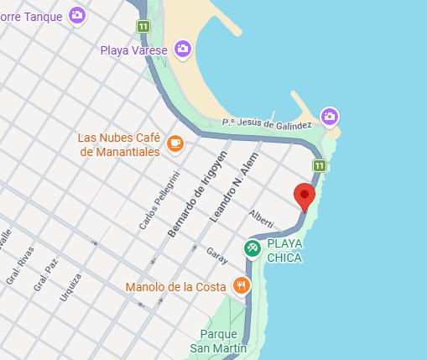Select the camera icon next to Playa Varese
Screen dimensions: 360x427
[x=182, y=50]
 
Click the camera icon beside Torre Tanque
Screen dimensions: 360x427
[x=77, y=14]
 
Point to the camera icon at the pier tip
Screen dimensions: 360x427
[x=330, y=116]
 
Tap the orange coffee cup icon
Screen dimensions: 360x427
[x=174, y=143]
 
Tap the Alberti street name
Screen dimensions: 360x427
[x=261, y=219]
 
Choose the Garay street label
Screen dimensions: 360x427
[x=216, y=255]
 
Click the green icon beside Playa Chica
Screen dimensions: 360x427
[x=252, y=248]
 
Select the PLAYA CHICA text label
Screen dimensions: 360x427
[x=284, y=250]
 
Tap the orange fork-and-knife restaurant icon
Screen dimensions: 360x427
[x=242, y=285]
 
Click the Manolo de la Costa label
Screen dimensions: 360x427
[x=176, y=287]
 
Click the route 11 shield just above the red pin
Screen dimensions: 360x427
[x=319, y=164]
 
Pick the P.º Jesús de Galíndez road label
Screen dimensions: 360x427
[x=267, y=123]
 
